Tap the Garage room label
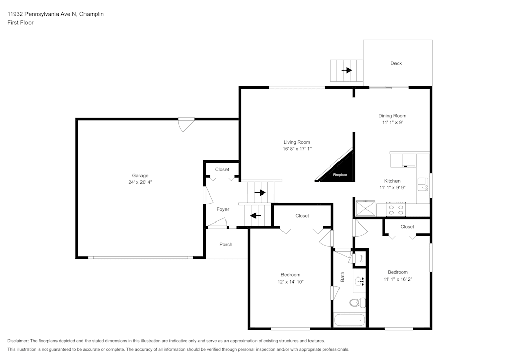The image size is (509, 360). click(x=140, y=176)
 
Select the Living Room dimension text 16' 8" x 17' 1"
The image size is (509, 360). click(x=297, y=149)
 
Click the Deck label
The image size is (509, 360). click(x=396, y=63)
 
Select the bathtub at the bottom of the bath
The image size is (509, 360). click(x=350, y=321)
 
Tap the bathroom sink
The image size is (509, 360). click(x=359, y=281)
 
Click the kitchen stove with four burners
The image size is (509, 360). click(x=396, y=208)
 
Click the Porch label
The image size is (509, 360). click(x=225, y=244)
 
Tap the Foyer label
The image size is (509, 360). click(x=222, y=209)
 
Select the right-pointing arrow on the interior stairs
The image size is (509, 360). click(x=261, y=192)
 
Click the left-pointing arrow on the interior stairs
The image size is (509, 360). click(x=256, y=215)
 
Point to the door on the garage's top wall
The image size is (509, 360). click(x=186, y=124)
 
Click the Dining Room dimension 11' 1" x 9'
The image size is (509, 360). click(x=392, y=122)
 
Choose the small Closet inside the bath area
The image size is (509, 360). click(x=361, y=258)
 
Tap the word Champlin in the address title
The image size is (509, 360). click(x=92, y=14)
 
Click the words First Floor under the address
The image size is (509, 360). click(x=20, y=23)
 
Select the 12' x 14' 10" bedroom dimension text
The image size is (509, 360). click(x=291, y=282)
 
